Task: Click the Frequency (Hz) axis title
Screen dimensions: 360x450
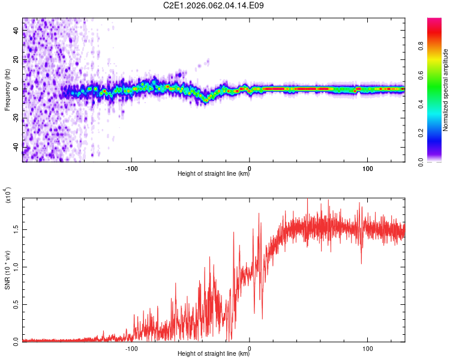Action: [7, 90]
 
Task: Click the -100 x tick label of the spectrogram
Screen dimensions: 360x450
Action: [131, 167]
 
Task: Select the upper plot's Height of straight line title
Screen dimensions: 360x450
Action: [214, 174]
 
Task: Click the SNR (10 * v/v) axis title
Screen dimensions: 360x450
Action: [7, 270]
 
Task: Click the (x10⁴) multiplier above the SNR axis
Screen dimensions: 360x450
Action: [8, 195]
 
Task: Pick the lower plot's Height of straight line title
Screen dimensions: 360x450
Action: [214, 354]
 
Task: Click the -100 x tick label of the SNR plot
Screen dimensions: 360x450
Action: [131, 347]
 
